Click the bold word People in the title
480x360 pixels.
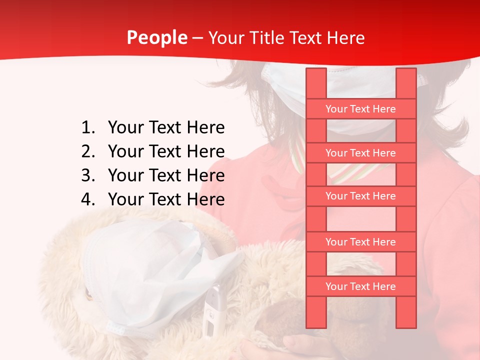pyautogui.click(x=156, y=38)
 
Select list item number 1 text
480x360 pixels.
pyautogui.click(x=166, y=128)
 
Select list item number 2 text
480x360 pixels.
pyautogui.click(x=166, y=151)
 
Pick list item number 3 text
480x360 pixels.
pyautogui.click(x=166, y=175)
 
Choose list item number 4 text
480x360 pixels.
pyautogui.click(x=166, y=199)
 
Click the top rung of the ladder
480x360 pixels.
pyautogui.click(x=360, y=109)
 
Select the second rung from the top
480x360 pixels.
pyautogui.click(x=360, y=153)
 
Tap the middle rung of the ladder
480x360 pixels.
pyautogui.click(x=360, y=196)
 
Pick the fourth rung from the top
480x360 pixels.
pyautogui.click(x=360, y=242)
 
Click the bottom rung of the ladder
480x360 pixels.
pyautogui.click(x=360, y=286)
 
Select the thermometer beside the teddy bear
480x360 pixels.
pyautogui.click(x=211, y=310)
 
